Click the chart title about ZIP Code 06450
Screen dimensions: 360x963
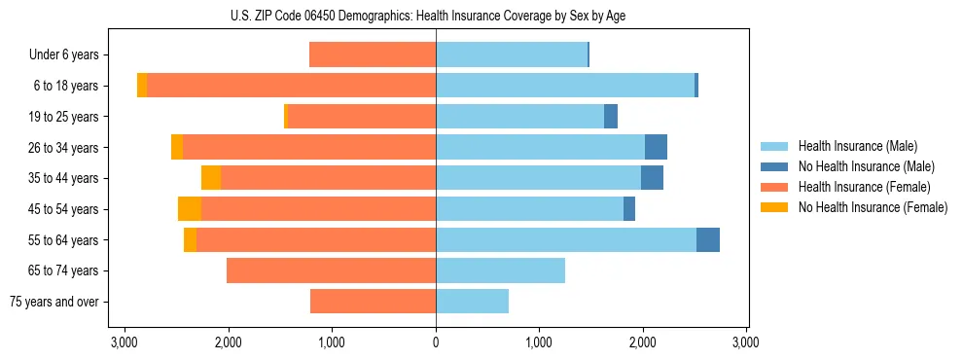coord(435,16)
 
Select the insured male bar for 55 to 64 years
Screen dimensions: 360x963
coord(565,240)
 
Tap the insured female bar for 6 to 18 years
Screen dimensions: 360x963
coord(291,86)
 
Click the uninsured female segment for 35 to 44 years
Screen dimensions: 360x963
coord(211,178)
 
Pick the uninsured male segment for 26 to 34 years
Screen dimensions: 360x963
coord(656,147)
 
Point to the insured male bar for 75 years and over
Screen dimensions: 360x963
coord(472,302)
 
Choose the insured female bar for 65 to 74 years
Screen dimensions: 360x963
coord(331,270)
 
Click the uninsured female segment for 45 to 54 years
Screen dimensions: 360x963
coord(190,209)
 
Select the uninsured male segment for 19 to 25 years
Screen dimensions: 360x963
coord(611,117)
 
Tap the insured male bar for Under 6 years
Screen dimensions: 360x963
coord(512,55)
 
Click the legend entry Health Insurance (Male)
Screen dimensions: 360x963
coord(857,146)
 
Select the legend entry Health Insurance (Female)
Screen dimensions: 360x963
coord(864,187)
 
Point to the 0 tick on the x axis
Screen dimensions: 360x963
coord(436,342)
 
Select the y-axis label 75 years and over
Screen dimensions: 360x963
coord(53,302)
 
